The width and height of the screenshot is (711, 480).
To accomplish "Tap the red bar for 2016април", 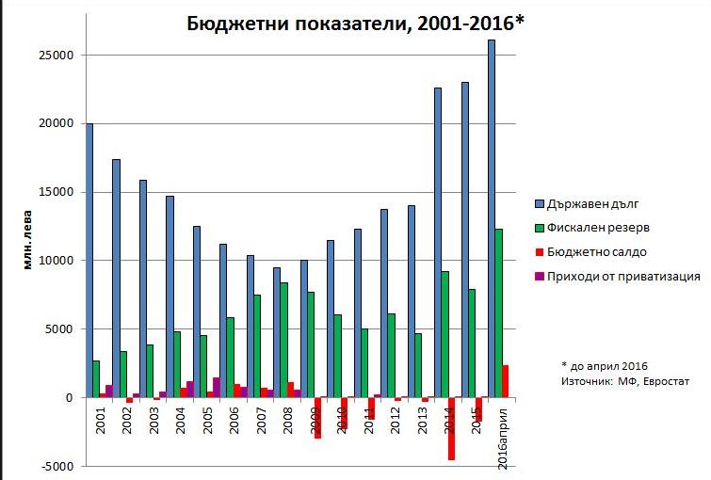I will (x=506, y=381).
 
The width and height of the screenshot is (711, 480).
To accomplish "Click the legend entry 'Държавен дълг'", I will (x=598, y=203).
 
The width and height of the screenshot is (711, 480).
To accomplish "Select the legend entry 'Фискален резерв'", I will (x=603, y=228).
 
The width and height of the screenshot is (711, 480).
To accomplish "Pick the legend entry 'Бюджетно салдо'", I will (x=602, y=252).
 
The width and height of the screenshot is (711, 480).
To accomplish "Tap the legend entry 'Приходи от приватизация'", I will (x=629, y=277).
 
